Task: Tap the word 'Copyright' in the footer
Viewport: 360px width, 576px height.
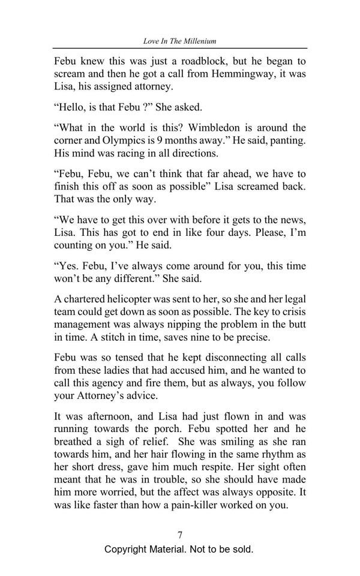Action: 129,549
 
